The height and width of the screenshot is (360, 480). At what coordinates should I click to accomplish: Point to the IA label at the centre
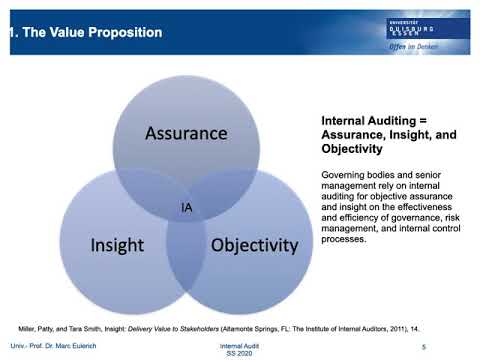(x=187, y=207)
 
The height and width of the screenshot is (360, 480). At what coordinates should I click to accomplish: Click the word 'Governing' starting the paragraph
(x=341, y=175)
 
